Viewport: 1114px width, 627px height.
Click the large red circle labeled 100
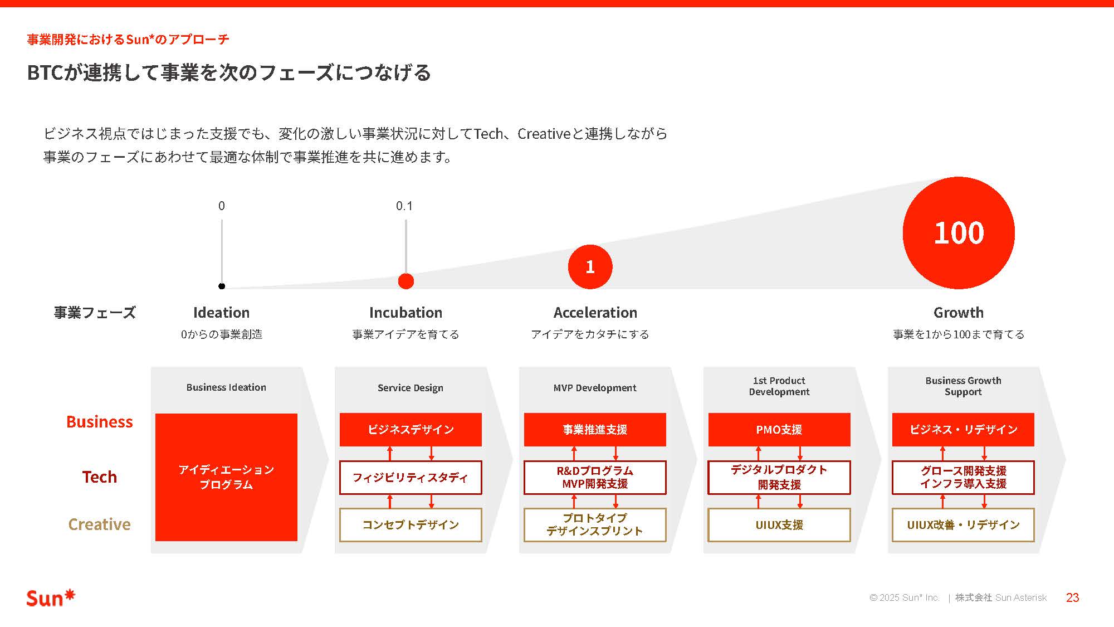[958, 232]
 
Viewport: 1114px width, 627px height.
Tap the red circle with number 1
[590, 267]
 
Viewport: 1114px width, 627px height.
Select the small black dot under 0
[222, 286]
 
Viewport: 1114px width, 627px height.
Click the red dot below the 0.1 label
[406, 281]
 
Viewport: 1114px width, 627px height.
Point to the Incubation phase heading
[405, 313]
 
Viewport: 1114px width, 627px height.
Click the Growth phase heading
[958, 313]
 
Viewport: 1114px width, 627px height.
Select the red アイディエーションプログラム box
[226, 477]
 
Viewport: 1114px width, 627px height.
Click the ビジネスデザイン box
[411, 430]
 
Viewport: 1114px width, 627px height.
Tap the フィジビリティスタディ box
[411, 478]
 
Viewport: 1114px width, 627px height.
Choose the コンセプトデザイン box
[411, 525]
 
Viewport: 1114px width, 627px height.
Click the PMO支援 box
[779, 430]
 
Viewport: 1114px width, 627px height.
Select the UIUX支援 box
[779, 525]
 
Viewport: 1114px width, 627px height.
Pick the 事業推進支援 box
[595, 430]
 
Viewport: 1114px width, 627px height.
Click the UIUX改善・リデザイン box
[963, 525]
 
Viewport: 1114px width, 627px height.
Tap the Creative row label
[99, 524]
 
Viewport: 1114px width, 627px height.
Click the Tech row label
[99, 477]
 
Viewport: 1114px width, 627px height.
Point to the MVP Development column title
[595, 388]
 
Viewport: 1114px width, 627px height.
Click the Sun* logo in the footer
[50, 598]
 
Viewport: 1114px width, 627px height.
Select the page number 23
[1072, 598]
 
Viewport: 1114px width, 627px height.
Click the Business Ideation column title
[226, 387]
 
